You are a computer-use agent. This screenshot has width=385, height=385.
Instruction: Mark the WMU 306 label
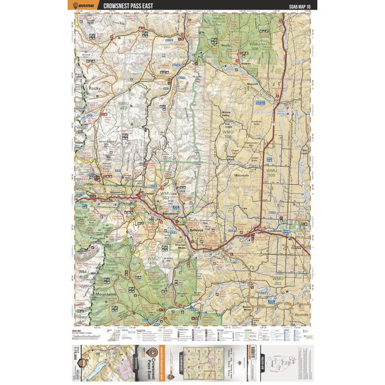[x=228, y=134]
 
